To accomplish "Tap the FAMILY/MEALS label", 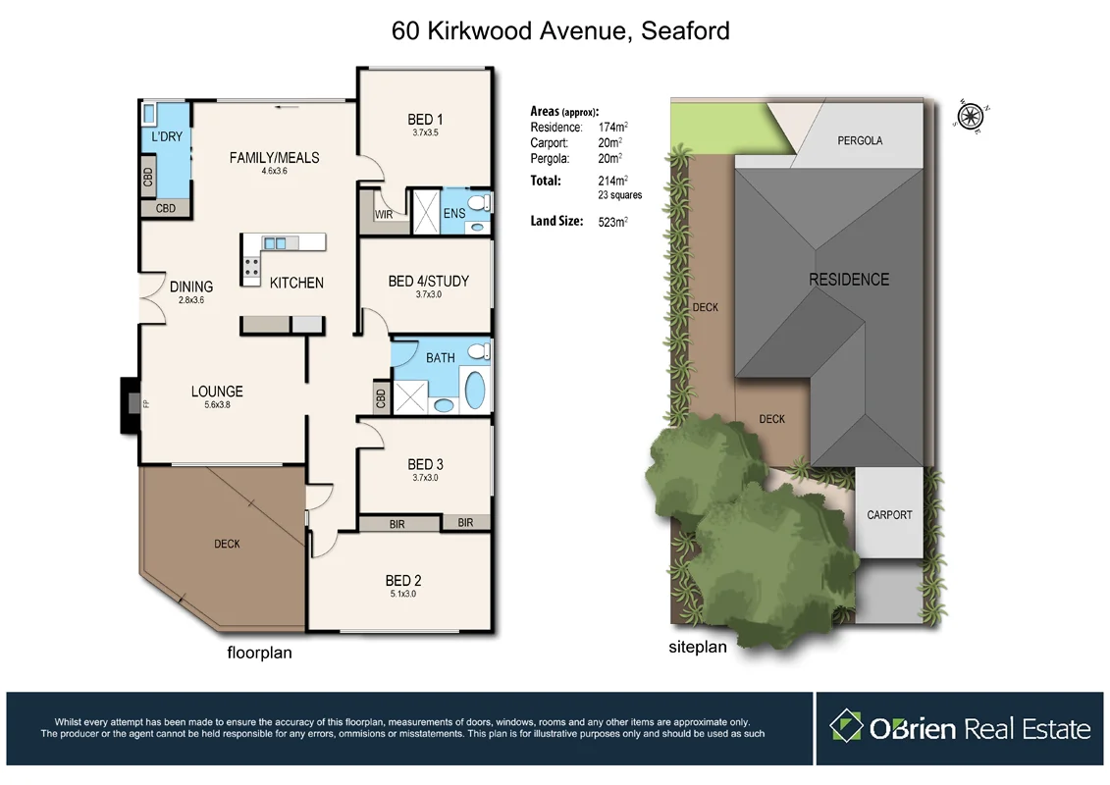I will click(274, 157).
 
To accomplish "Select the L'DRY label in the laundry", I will click(166, 136).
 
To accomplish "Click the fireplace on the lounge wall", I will click(129, 404).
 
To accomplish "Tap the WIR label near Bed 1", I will click(383, 214).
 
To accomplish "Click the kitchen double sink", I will click(276, 242).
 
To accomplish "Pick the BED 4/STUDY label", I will click(428, 281).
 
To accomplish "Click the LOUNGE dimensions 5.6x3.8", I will click(217, 404).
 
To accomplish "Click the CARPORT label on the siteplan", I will click(889, 514).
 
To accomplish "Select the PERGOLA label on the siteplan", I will click(859, 140).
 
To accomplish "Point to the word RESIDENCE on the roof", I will click(848, 280).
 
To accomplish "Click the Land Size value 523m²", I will click(612, 222).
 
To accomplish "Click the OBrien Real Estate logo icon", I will click(846, 727).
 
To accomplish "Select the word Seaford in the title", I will click(684, 30).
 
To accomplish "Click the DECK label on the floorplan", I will click(227, 544).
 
